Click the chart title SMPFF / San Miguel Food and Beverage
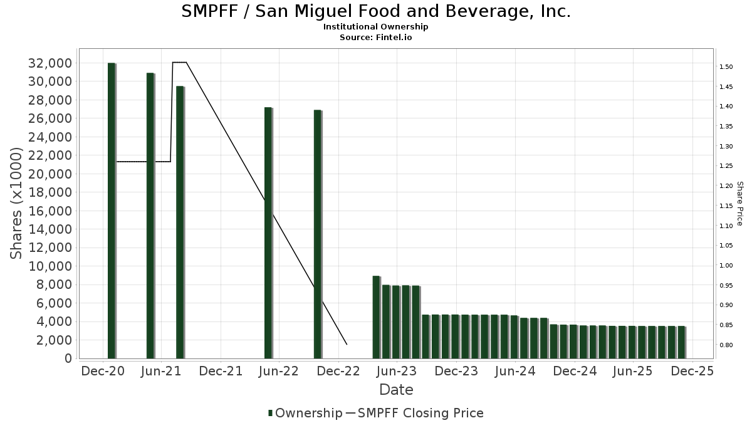(x=376, y=11)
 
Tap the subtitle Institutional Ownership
(x=375, y=27)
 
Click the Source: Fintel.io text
(x=375, y=37)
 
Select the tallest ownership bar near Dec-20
(x=112, y=211)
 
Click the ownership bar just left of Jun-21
(x=150, y=216)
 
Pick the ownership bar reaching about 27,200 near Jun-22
(x=268, y=232)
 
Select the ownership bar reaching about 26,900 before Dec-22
(x=318, y=234)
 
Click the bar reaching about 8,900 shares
(x=376, y=317)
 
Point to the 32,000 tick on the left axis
(x=50, y=63)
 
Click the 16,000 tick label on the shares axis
(x=50, y=211)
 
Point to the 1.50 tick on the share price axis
(x=727, y=66)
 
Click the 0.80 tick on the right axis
(x=727, y=345)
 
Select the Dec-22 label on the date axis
(x=337, y=371)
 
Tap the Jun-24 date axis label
(x=514, y=371)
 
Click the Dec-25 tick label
(x=692, y=371)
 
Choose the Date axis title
(x=396, y=390)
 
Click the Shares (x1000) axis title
(x=17, y=203)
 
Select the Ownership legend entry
(x=305, y=413)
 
